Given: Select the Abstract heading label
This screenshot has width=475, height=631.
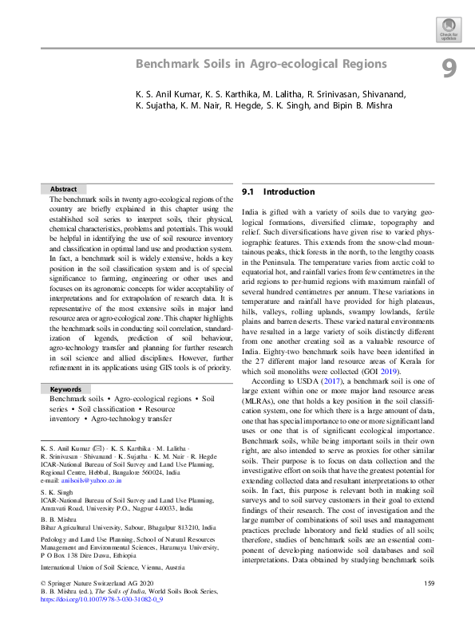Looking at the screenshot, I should coord(64,189).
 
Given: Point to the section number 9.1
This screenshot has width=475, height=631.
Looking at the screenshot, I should coord(247,192).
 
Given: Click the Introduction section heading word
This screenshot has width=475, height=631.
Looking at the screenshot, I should coord(289,192).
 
